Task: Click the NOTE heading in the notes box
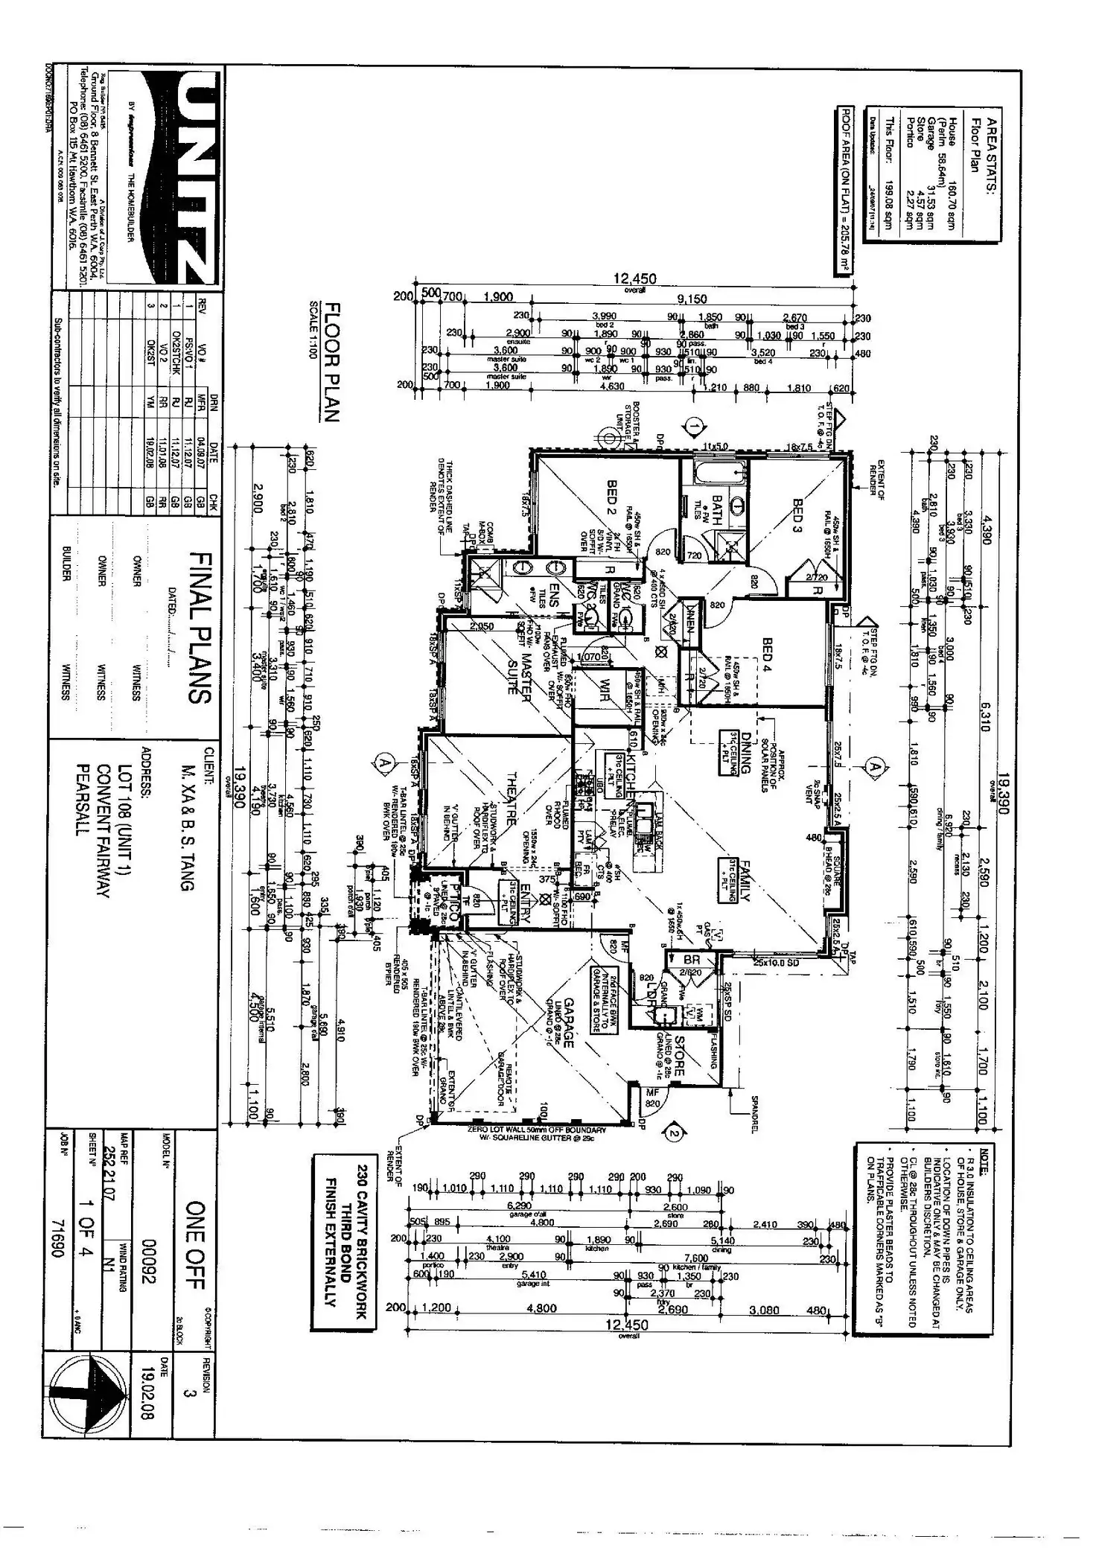click(984, 1162)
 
